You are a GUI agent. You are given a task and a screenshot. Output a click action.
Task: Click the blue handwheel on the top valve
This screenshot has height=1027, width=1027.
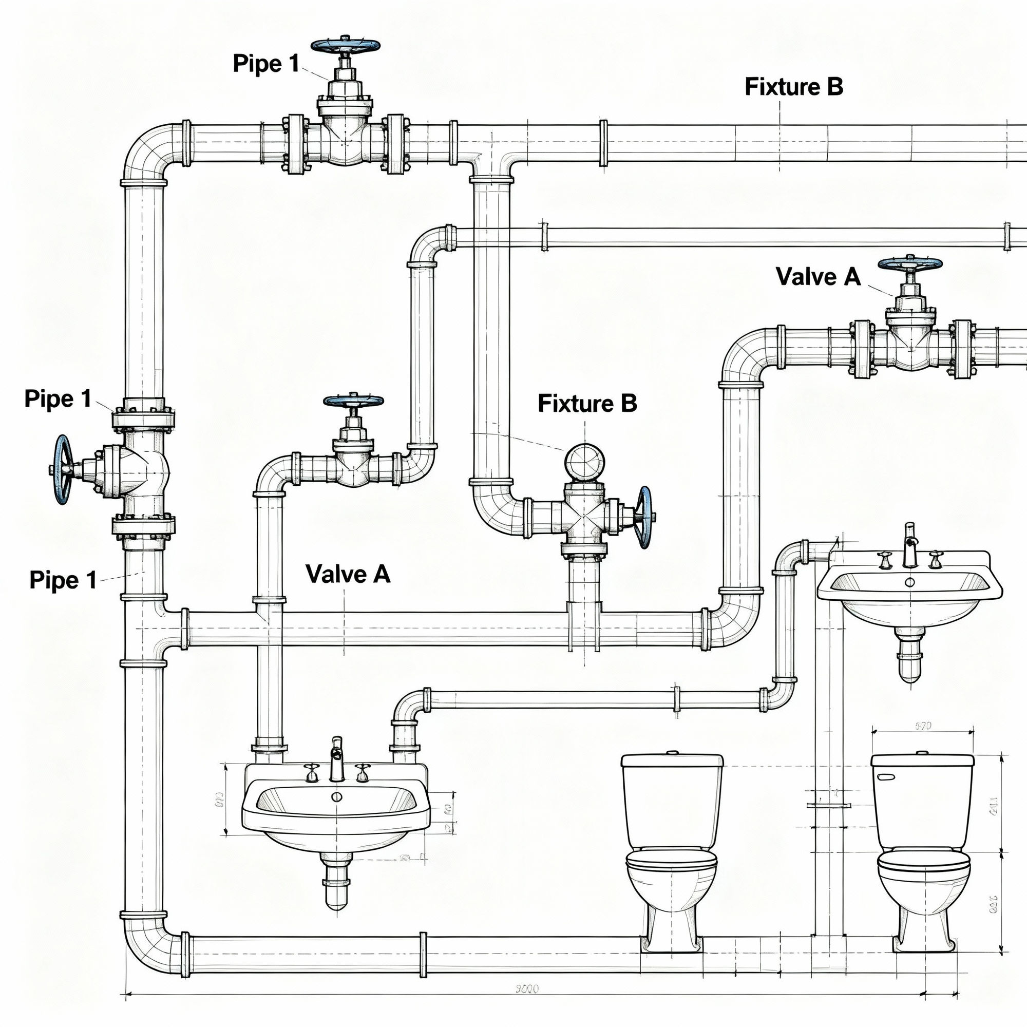point(346,45)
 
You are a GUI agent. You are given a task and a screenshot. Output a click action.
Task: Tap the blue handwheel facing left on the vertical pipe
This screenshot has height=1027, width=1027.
point(63,469)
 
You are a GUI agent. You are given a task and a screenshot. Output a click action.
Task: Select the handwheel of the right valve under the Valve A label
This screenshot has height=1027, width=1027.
point(909,263)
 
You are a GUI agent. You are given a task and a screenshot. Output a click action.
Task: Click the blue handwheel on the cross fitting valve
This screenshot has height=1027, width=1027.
point(645,517)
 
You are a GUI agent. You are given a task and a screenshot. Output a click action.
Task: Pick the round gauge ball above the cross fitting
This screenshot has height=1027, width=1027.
point(585,462)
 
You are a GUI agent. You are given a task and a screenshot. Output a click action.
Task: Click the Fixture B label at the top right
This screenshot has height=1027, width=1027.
point(794,87)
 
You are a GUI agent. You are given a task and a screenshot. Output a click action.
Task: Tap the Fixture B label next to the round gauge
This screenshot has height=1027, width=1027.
point(587,403)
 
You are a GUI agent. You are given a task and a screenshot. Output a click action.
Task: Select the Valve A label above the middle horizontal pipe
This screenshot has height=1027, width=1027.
point(348,574)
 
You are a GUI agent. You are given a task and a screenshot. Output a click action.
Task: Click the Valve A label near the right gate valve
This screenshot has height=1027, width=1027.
point(817,276)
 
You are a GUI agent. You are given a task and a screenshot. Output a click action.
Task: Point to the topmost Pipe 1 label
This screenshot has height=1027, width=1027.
point(266,64)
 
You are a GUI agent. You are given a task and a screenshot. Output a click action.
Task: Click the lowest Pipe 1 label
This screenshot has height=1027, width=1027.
point(63,580)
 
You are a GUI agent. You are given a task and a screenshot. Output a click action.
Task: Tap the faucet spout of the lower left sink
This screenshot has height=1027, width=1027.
point(336,757)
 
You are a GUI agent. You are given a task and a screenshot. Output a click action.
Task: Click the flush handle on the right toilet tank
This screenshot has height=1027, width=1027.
point(886,777)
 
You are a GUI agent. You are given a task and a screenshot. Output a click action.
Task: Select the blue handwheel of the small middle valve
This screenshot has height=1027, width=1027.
point(353,401)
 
